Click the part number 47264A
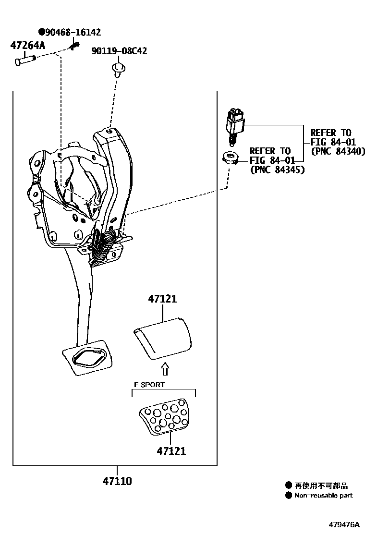coord(27,46)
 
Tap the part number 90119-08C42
coord(119,51)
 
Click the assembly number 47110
coord(117,481)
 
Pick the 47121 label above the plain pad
coord(162,299)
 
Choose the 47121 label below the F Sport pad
coord(170,451)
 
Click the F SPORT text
coord(149,385)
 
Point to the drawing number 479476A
coord(344,524)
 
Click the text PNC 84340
coord(338,151)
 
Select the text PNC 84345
coord(277,170)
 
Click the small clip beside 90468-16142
coord(74,46)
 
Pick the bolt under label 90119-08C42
coord(118,68)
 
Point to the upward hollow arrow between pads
coord(165,368)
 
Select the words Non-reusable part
coord(323,495)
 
